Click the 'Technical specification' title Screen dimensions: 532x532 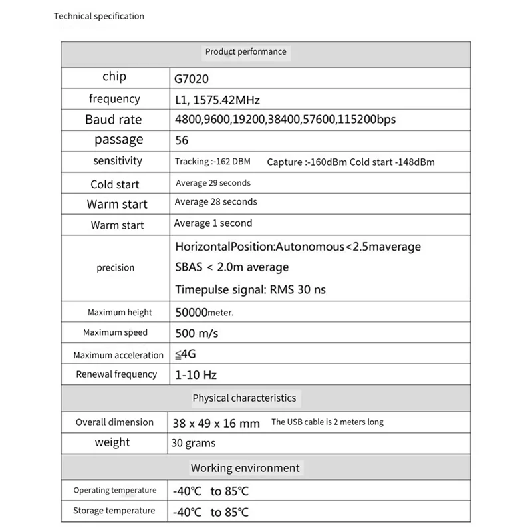98,16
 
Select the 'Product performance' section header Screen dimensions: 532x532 245,51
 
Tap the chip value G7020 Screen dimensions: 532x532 192,78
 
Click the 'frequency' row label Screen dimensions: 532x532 114,99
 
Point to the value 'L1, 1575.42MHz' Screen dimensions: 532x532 217,100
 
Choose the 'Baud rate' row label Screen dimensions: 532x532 113,120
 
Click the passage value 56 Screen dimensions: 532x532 182,140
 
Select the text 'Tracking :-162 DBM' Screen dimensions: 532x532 212,161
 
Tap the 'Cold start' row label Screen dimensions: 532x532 114,184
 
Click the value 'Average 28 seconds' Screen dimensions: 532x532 215,202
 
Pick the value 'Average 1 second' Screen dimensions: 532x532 213,223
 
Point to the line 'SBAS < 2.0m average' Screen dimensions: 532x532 231,267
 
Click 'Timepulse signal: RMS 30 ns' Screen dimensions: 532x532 250,289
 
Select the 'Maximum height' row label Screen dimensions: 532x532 120,313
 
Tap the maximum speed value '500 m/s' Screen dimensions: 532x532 196,332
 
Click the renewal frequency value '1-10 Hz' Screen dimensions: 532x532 196,375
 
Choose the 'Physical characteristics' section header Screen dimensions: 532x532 244,398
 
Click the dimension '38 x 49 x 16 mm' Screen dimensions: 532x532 215,423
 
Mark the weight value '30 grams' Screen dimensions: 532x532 194,443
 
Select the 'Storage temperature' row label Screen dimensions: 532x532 114,511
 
